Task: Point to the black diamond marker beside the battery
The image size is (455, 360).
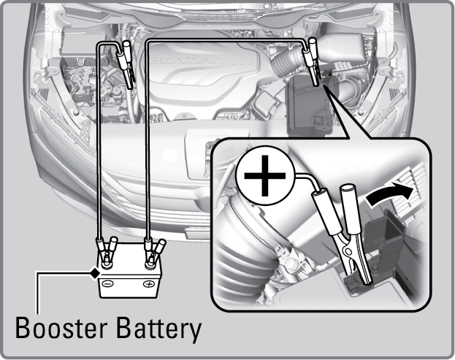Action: coord(93,272)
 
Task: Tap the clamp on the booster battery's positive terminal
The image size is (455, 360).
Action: coord(153,252)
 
